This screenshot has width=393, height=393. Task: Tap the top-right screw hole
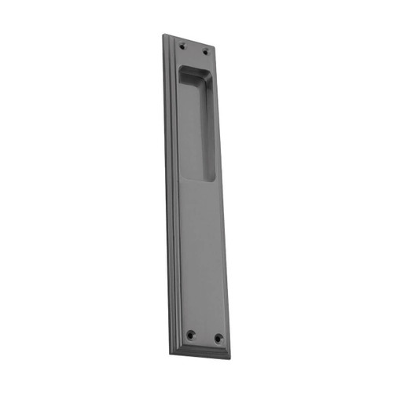[206, 53]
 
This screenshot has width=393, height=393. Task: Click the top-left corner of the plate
[165, 34]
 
